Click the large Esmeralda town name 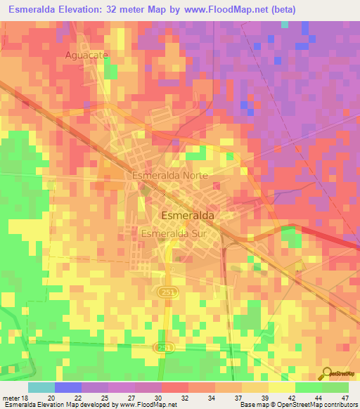click(188, 216)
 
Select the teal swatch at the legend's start click(41, 387)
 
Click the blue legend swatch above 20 click(68, 387)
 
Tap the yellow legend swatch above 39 click(255, 387)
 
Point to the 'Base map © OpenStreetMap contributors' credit click(298, 405)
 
